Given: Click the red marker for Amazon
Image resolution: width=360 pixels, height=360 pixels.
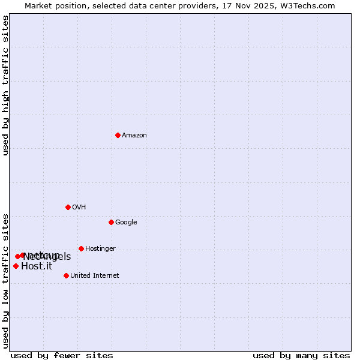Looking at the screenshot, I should [118, 135].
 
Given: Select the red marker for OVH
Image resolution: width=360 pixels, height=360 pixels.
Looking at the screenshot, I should [68, 207].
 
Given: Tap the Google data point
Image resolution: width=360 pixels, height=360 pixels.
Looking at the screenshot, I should [111, 222].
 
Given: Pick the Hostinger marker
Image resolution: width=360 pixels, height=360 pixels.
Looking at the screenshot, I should [81, 248].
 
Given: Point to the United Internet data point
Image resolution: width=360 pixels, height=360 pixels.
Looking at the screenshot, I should [66, 275].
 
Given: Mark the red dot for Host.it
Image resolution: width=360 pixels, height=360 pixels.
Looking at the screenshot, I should [16, 266].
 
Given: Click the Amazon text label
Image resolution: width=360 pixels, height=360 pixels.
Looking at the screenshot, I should [134, 136].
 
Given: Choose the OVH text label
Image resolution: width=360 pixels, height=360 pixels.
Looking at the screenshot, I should [79, 208].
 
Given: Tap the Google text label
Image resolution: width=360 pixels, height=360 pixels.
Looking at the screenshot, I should [126, 223].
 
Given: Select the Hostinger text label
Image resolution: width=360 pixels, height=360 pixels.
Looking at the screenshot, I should [100, 249].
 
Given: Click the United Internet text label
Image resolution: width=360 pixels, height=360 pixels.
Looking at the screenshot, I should [95, 276].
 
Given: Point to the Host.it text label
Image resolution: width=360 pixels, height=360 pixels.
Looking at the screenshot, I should [37, 266].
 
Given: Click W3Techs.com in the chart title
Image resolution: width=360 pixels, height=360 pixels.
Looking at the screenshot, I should [307, 6].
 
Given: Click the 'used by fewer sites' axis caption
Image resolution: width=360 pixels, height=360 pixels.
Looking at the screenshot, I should [62, 355].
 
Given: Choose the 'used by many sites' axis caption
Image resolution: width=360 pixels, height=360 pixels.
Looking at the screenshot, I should [301, 355].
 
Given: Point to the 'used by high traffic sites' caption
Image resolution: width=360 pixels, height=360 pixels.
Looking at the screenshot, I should [6, 85].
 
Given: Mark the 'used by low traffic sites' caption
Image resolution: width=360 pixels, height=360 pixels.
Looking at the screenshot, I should [6, 280].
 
